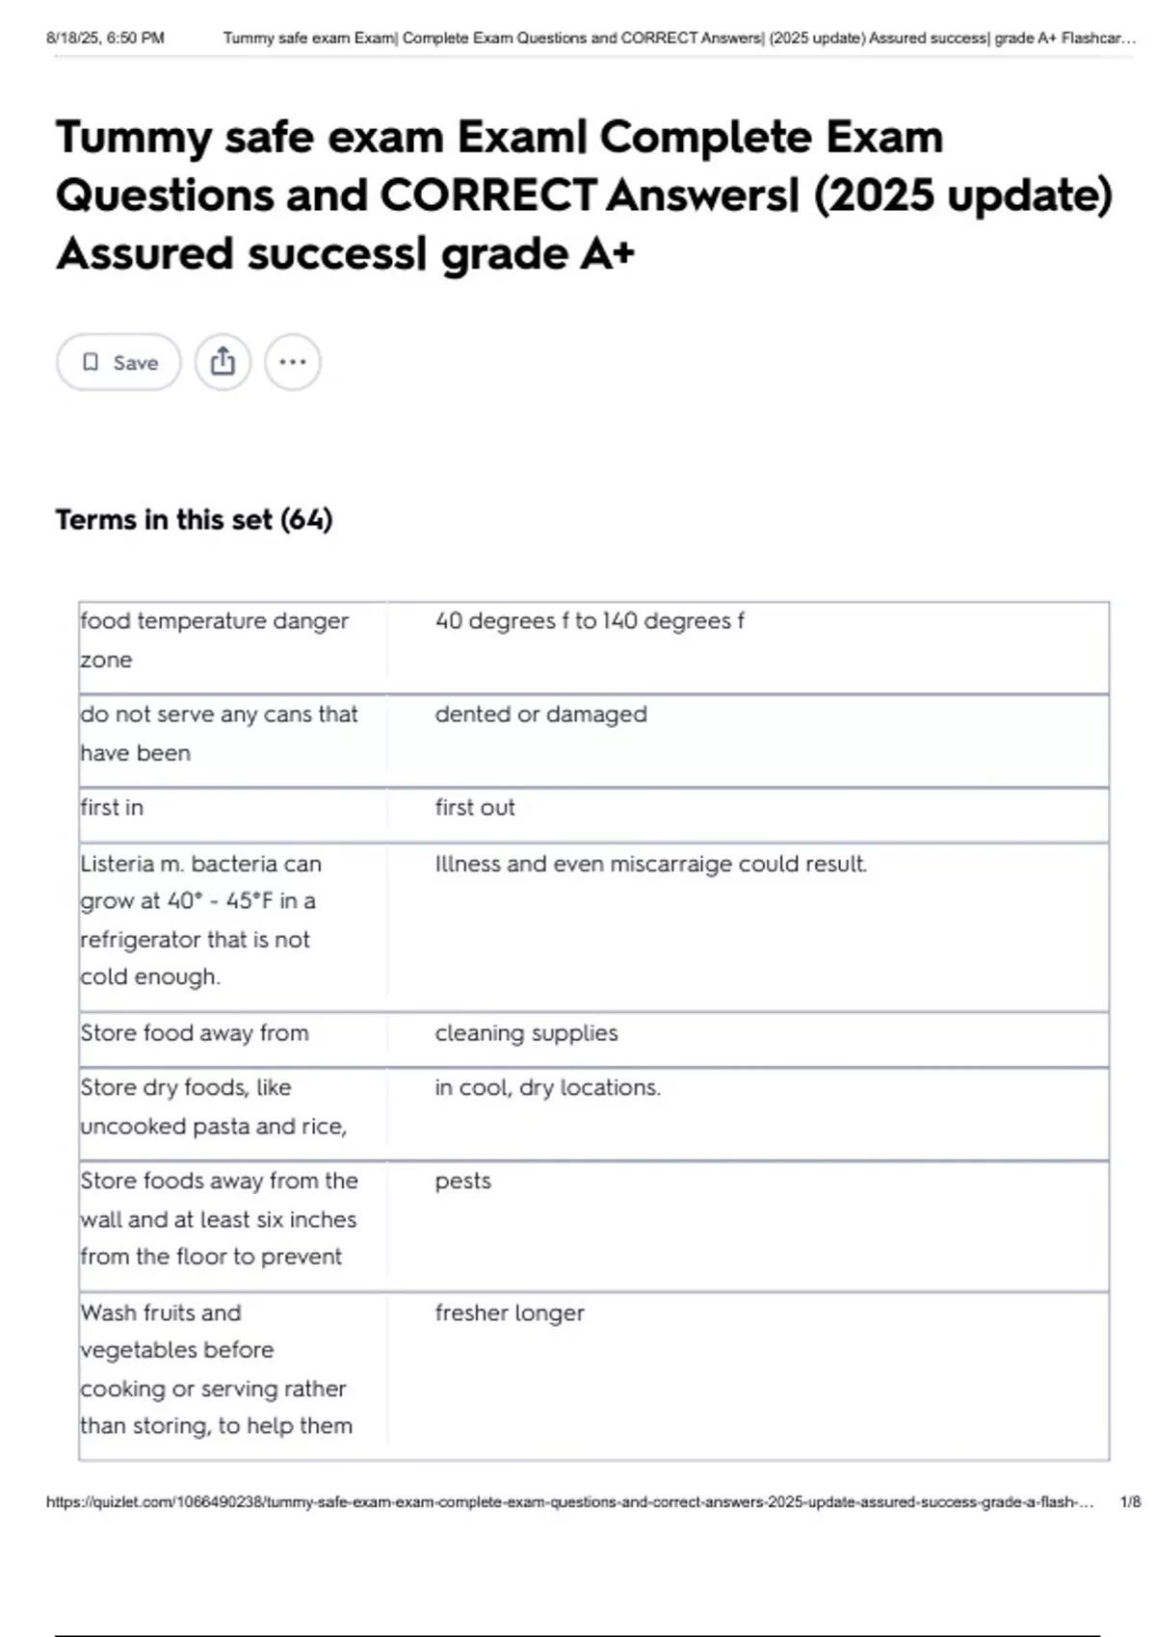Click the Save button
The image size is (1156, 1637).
pyautogui.click(x=118, y=362)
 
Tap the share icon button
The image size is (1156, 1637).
pyautogui.click(x=223, y=362)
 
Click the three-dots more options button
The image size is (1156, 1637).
pyautogui.click(x=292, y=362)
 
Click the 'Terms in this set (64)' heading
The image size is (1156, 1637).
pyautogui.click(x=194, y=520)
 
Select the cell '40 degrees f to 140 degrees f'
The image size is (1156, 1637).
pyautogui.click(x=589, y=621)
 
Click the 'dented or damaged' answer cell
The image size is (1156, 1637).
pyautogui.click(x=540, y=715)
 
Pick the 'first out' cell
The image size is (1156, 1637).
pyautogui.click(x=475, y=807)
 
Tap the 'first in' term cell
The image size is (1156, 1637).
pyautogui.click(x=112, y=807)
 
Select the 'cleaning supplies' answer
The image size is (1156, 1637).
pyautogui.click(x=526, y=1033)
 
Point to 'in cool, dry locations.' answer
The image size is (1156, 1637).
pyautogui.click(x=547, y=1087)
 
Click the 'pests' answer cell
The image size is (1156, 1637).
pyautogui.click(x=462, y=1181)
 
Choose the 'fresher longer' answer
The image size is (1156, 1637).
pyautogui.click(x=510, y=1312)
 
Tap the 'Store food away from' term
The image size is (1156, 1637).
pyautogui.click(x=195, y=1033)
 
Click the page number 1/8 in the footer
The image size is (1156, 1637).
pyautogui.click(x=1130, y=1501)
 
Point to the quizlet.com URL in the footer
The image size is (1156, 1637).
pyautogui.click(x=568, y=1501)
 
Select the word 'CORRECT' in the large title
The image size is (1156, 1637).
pyautogui.click(x=488, y=195)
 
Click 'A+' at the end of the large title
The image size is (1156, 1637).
pyautogui.click(x=607, y=254)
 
